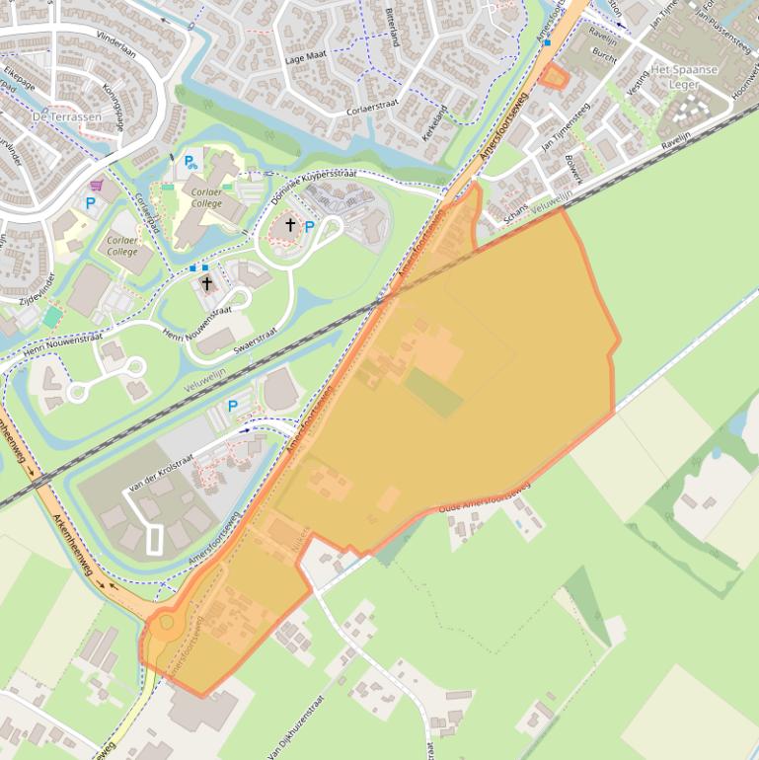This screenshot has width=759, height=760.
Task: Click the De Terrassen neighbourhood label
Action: pyautogui.click(x=67, y=116)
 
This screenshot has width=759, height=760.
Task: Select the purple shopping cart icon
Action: pyautogui.click(x=97, y=185)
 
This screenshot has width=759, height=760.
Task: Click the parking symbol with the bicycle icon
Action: pyautogui.click(x=189, y=161)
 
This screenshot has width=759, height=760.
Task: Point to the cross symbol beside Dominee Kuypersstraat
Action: pyautogui.click(x=290, y=225)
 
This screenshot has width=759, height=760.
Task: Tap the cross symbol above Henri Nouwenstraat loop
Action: pyautogui.click(x=206, y=284)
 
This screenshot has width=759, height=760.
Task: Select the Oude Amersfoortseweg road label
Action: pyautogui.click(x=484, y=499)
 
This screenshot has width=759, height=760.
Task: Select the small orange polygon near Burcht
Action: pyautogui.click(x=557, y=76)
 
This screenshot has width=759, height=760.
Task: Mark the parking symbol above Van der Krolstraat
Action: pyautogui.click(x=233, y=406)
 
